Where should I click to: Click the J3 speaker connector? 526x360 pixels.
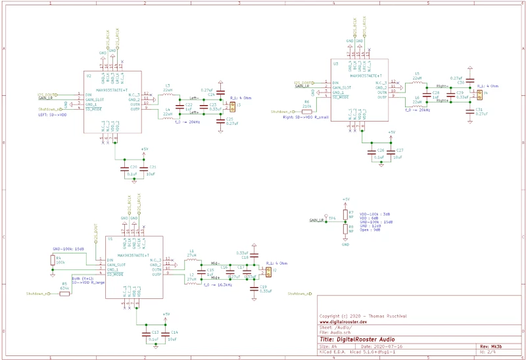231,105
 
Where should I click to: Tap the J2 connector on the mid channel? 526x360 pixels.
268,269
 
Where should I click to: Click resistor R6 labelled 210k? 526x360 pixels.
307,111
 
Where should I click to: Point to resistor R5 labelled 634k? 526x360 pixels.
64,294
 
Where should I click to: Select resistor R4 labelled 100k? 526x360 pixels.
53,261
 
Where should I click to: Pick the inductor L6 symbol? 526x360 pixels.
417,101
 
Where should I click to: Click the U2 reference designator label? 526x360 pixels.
89,76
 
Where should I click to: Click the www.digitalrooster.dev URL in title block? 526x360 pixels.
343,323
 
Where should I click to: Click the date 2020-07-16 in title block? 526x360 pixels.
390,345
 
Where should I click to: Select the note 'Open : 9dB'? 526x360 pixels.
373,231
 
